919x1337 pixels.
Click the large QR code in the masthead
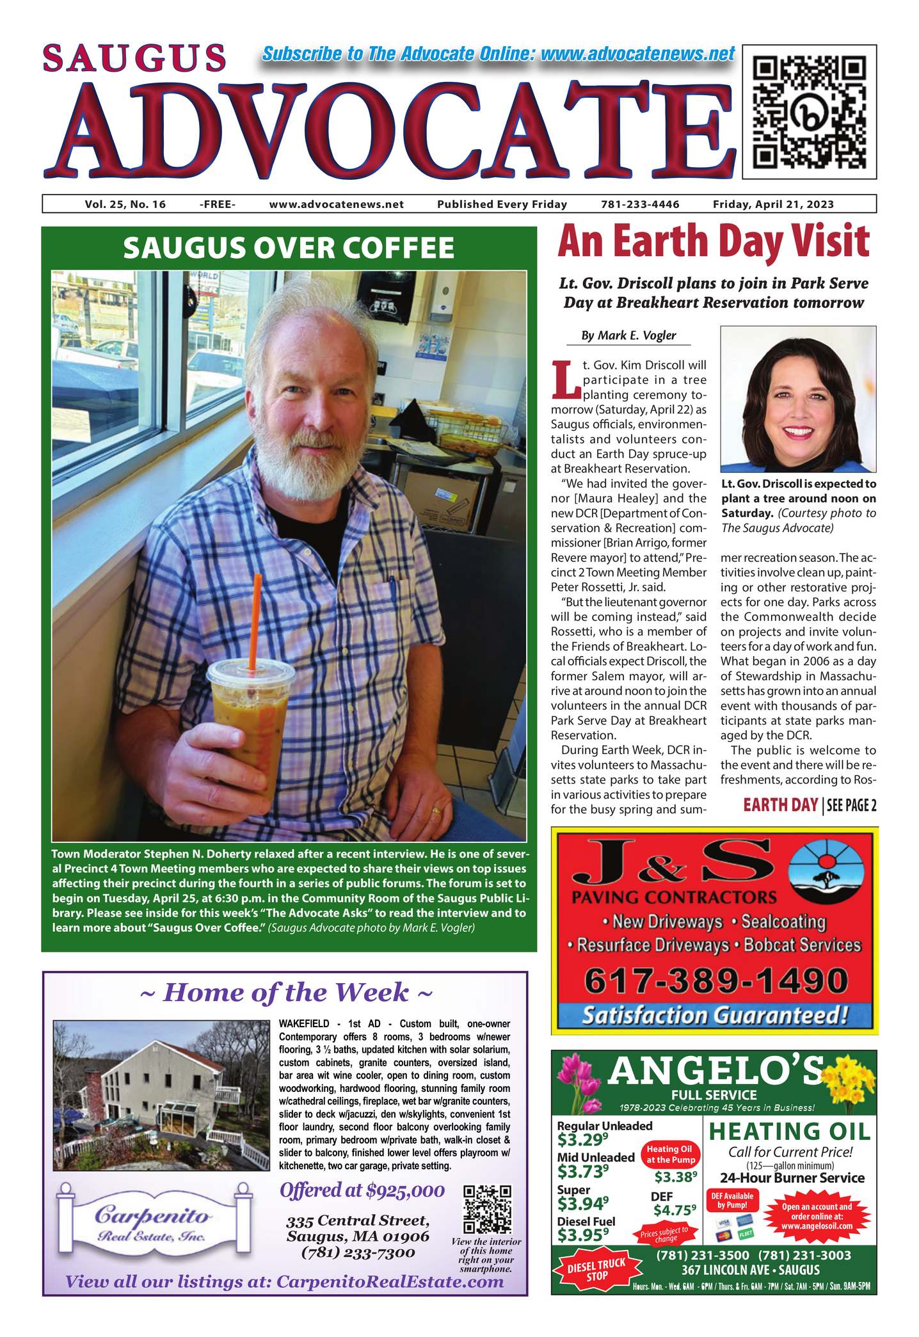809,111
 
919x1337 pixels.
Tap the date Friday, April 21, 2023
773,204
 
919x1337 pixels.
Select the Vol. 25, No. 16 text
125,204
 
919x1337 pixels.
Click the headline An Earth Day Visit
713,241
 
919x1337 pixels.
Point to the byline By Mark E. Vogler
628,335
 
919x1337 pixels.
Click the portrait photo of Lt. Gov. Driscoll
798,399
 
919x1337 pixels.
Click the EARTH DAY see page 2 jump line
810,805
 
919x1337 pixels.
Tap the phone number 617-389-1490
715,981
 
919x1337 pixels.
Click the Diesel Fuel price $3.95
582,1233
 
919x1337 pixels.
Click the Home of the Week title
285,993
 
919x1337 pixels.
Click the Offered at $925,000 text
362,1190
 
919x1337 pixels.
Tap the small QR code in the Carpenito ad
487,1209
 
